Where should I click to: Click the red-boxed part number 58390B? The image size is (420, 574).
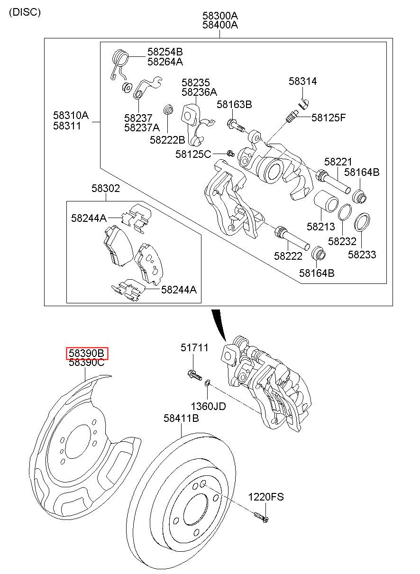[x=87, y=354]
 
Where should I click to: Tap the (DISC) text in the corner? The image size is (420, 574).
[x=25, y=12]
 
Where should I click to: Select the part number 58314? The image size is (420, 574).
[x=302, y=81]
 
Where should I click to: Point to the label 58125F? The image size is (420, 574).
[x=329, y=118]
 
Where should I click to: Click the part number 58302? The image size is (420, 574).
[x=106, y=188]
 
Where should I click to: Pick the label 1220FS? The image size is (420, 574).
[x=266, y=497]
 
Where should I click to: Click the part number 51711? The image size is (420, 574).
[x=194, y=347]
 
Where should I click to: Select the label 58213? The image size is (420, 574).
[x=321, y=227]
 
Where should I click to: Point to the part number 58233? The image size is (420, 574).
[x=362, y=255]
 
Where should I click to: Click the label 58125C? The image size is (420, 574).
[x=193, y=154]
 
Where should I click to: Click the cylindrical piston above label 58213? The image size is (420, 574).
[x=326, y=201]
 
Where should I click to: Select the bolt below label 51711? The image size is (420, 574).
[x=195, y=375]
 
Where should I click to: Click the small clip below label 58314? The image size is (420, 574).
[x=304, y=103]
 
